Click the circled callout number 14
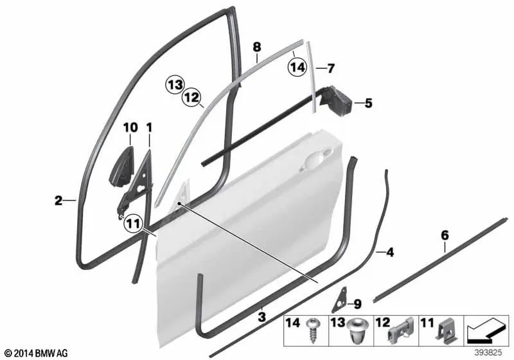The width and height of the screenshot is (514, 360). click(x=297, y=67)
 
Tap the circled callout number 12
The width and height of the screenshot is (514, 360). click(x=191, y=97)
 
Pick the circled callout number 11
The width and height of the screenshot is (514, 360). click(x=133, y=224)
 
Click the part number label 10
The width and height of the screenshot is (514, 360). click(x=130, y=127)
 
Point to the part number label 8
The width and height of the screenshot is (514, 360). click(x=257, y=47)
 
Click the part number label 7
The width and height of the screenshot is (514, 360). click(x=330, y=68)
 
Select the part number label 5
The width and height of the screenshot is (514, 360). click(x=368, y=103)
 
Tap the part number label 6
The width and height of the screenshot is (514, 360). click(x=445, y=235)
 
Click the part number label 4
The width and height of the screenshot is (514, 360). click(x=390, y=252)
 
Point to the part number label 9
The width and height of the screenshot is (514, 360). click(x=357, y=304)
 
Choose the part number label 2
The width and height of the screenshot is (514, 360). click(x=58, y=201)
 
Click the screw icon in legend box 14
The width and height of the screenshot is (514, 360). click(x=314, y=330)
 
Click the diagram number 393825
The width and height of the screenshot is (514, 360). click(x=488, y=353)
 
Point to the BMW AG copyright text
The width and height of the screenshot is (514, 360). click(x=37, y=353)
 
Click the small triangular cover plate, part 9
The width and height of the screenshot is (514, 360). click(x=340, y=300)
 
